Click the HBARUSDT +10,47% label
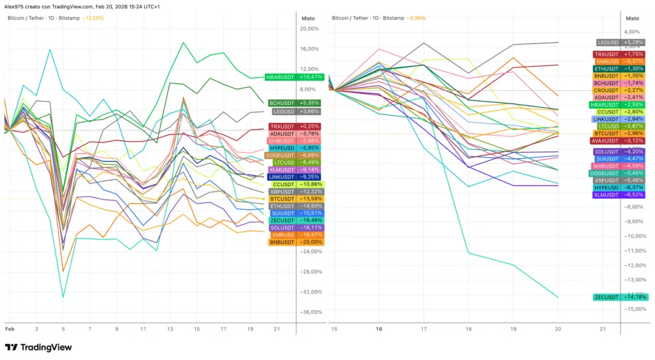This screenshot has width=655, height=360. [x=294, y=77]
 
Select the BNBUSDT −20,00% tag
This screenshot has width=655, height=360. [x=296, y=242]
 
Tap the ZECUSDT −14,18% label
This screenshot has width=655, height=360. [x=620, y=297]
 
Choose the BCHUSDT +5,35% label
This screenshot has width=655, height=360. [x=295, y=102]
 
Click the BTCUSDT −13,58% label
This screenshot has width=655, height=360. [x=296, y=198]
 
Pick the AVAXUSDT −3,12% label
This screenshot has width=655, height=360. [x=620, y=141]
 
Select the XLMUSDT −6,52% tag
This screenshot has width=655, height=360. [x=620, y=194]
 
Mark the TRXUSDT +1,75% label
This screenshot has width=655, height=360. [x=620, y=54]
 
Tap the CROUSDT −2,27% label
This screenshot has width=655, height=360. [x=620, y=90]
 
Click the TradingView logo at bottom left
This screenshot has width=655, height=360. [x=38, y=347]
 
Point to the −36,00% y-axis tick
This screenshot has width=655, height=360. [x=311, y=312]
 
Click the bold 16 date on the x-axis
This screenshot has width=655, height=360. [x=379, y=329]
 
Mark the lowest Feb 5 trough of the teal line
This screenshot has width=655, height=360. [x=63, y=297]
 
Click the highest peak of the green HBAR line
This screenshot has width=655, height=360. [x=184, y=43]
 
